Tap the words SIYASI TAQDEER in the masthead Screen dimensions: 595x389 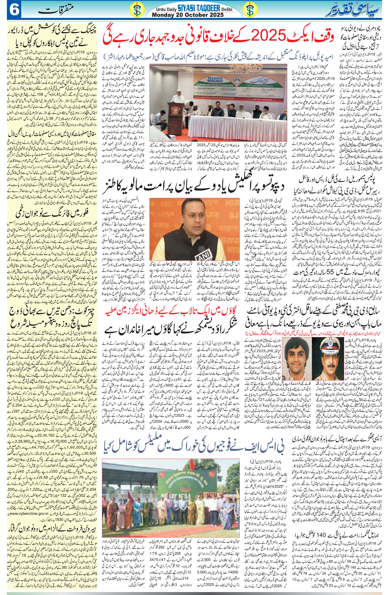pos(199,9)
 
